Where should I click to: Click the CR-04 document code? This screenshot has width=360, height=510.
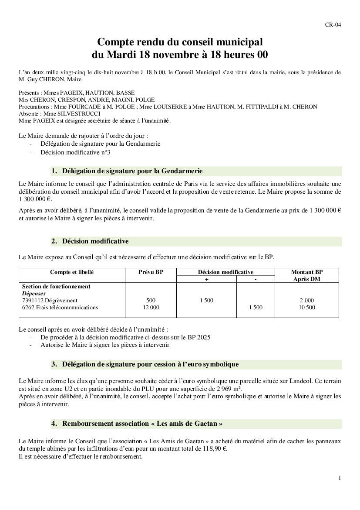333,24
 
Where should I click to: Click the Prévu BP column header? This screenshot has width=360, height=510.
151,272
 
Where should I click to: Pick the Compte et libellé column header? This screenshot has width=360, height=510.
72,272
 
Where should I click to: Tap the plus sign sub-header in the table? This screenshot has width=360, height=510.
206,279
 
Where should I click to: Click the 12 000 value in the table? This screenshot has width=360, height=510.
151,308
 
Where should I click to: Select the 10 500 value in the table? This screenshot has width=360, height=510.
306,308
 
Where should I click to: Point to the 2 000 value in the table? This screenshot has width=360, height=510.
306,301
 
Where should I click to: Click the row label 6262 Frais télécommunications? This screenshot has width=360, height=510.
60,308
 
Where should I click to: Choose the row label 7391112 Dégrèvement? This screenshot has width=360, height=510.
50,301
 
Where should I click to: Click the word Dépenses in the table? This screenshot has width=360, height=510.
34,294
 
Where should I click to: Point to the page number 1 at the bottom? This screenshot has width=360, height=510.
340,478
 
